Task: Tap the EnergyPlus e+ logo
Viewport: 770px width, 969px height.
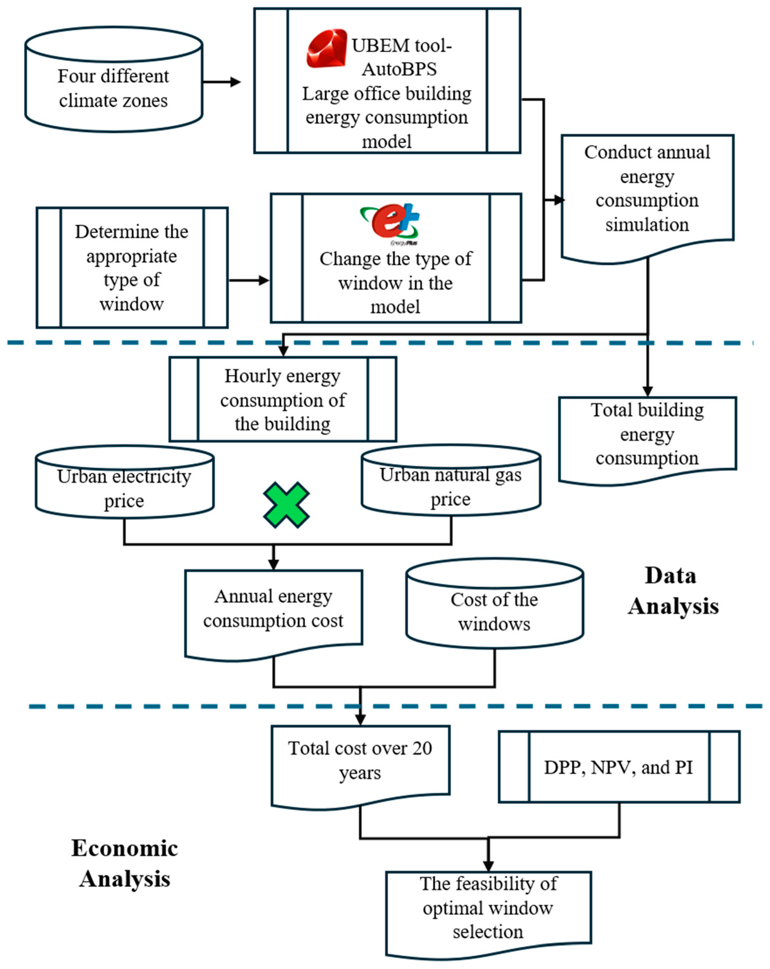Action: click(x=390, y=223)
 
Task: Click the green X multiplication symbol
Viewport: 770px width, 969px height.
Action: click(x=286, y=505)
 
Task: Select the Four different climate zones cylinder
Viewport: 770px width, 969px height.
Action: click(x=114, y=79)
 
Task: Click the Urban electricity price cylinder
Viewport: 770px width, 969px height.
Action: click(x=125, y=482)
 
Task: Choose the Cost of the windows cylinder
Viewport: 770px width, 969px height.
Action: click(x=495, y=603)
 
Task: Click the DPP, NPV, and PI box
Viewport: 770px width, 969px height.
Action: click(x=619, y=767)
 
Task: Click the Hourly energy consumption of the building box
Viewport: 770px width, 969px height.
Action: click(x=283, y=399)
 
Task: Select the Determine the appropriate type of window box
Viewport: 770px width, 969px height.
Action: click(x=132, y=267)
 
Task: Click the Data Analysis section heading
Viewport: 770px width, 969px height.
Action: click(x=673, y=591)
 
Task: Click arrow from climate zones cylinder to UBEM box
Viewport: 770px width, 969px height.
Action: click(x=222, y=82)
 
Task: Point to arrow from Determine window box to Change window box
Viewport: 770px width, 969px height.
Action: click(x=249, y=280)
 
